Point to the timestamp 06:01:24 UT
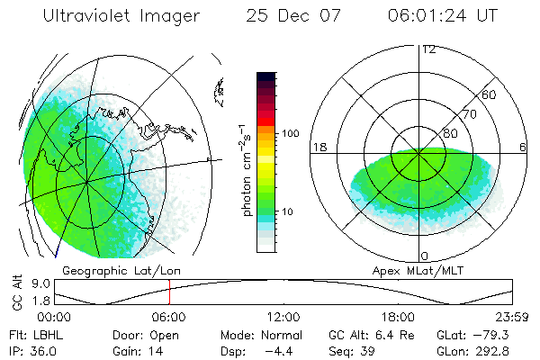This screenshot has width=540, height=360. click(436, 15)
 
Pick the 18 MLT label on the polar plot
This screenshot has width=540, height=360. click(318, 147)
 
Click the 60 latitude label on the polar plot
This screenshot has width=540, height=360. click(490, 94)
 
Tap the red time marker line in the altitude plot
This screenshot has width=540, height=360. click(169, 292)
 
